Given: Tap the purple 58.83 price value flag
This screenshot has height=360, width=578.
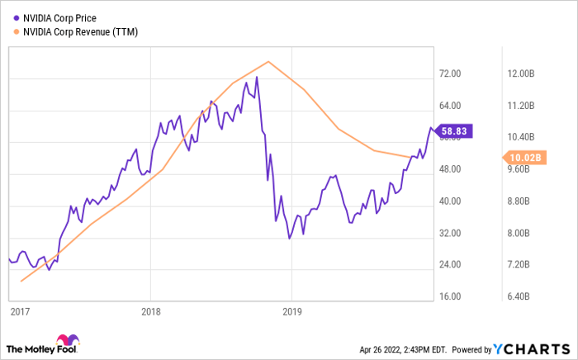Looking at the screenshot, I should coord(456,130).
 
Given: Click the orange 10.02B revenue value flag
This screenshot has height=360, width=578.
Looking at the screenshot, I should coord(522,157).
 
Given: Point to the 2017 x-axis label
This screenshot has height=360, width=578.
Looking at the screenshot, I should coord(18,311).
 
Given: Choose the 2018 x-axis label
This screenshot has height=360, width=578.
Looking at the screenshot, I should coord(150,311).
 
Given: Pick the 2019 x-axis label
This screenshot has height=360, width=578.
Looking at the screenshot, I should coord(292,311).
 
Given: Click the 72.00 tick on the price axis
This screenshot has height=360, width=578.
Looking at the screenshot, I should coord(453,73).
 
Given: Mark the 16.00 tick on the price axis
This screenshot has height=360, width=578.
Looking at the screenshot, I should coord(453,296).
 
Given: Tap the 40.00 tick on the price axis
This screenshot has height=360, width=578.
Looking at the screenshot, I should coord(453,201).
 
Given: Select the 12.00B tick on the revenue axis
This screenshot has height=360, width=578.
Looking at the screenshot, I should coord(523,73).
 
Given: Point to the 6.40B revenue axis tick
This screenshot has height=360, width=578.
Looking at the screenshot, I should coord(523,296).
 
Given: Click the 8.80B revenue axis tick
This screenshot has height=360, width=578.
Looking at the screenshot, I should coord(523,201).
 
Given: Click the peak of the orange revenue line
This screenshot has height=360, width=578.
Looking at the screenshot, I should coord(268,61).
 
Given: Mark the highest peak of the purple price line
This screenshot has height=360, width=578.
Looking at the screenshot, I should coord(257,78).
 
